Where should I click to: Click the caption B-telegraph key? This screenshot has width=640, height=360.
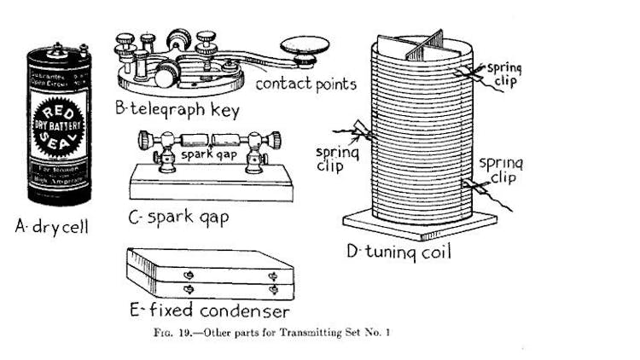[x=176, y=109]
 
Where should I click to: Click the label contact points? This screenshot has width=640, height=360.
[x=305, y=84]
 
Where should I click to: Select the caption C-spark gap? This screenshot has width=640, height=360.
[x=178, y=217]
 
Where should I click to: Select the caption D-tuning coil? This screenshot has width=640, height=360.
[x=410, y=253]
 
